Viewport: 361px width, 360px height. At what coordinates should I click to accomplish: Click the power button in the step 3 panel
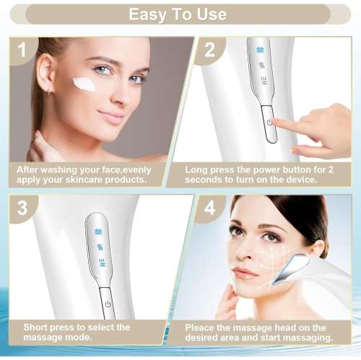108,303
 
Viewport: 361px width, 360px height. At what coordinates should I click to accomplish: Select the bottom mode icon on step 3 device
100,260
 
